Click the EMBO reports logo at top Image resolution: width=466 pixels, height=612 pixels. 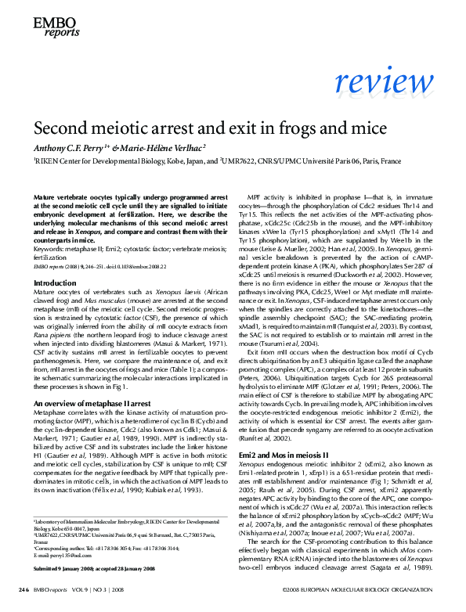(52, 30)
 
